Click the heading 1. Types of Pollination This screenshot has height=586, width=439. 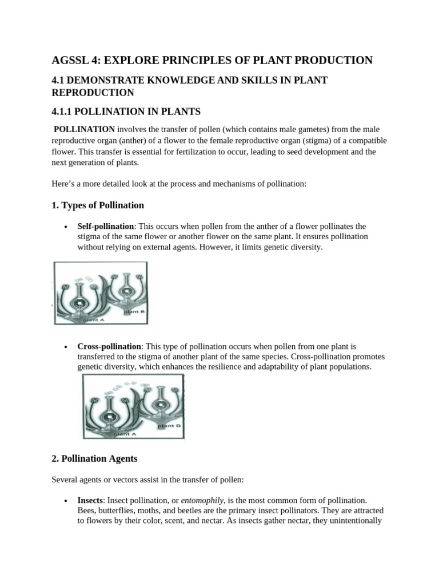[x=98, y=205]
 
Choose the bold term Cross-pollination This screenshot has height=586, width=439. [x=109, y=346]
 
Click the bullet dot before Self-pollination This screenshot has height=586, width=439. [x=68, y=227]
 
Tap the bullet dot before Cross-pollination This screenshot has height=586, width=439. [x=68, y=347]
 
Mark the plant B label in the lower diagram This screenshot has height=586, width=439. [x=169, y=425]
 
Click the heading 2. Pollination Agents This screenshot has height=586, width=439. [x=94, y=458]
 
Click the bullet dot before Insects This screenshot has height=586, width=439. [x=68, y=500]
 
